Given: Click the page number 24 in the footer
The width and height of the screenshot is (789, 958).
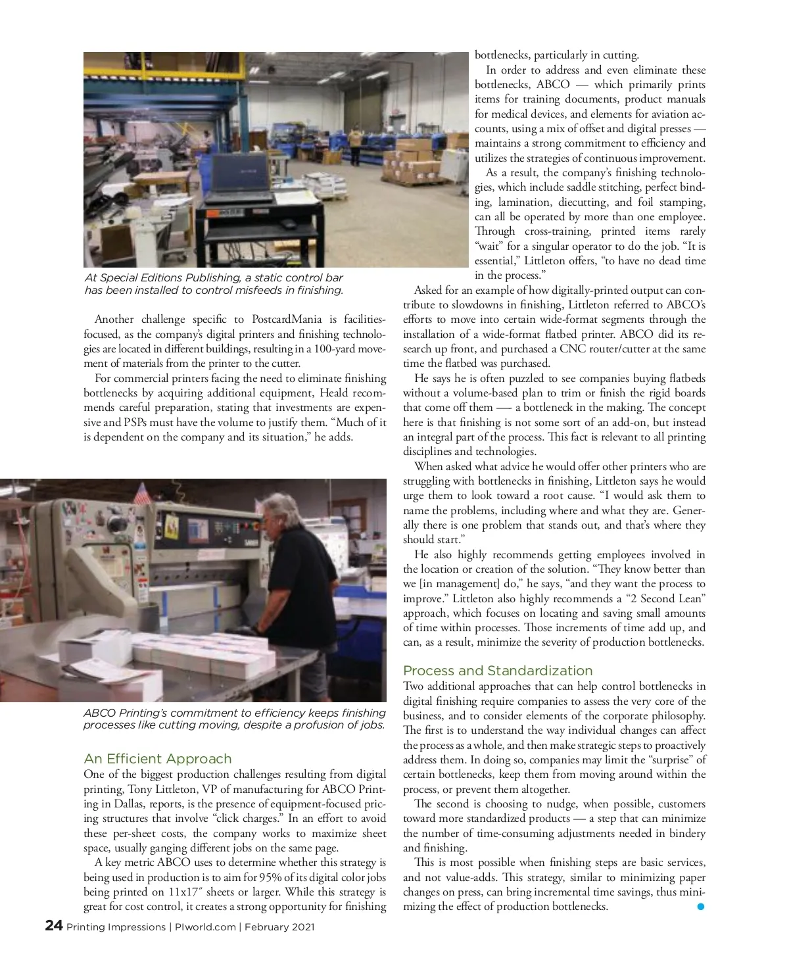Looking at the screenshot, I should coord(54,926).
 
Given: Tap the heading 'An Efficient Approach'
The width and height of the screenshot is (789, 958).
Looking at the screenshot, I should coord(158,759).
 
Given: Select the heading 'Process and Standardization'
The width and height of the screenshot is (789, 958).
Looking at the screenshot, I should coord(498,671).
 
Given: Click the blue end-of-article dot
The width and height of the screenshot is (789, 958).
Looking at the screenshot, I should coord(700,907).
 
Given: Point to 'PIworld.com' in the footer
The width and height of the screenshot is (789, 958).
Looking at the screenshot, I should coord(205,927).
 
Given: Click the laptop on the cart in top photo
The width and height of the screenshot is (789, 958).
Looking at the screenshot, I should coord(241,178).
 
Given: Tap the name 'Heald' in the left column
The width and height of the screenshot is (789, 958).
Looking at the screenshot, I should coord(333,393).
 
